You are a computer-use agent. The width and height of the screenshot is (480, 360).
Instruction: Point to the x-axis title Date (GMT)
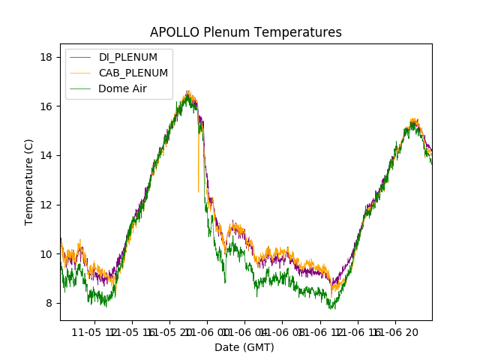pyautogui.click(x=244, y=347)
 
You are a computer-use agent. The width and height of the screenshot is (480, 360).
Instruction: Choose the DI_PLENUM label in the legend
pyautogui.click(x=128, y=58)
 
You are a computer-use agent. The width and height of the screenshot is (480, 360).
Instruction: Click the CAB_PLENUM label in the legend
pyautogui.click(x=133, y=73)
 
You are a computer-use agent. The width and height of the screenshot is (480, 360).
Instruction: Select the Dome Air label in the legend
pyautogui.click(x=122, y=88)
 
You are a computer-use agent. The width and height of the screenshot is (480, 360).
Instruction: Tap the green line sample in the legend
pyautogui.click(x=80, y=88)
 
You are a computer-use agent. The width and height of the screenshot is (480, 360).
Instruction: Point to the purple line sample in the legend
pyautogui.click(x=80, y=58)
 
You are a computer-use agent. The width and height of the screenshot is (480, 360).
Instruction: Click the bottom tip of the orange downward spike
pyautogui.click(x=199, y=192)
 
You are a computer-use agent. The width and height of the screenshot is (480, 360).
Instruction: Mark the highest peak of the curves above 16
pyautogui.click(x=187, y=92)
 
